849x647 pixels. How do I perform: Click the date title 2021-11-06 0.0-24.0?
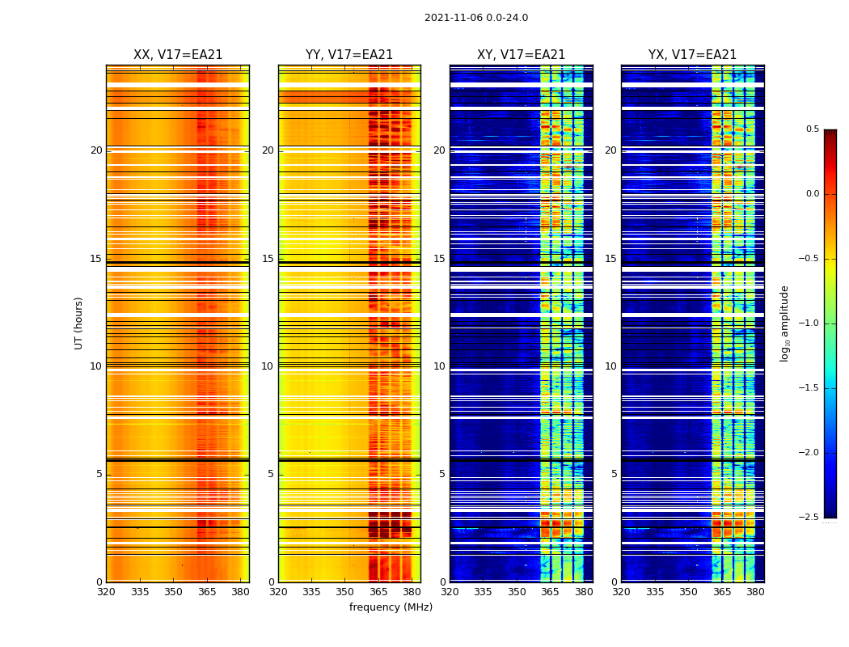476,18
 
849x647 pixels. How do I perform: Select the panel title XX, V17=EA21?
178,55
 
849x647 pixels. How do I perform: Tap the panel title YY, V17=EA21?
349,55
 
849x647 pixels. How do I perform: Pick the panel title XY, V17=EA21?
521,55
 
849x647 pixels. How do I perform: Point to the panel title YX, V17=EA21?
692,55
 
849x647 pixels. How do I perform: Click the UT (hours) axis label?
78,323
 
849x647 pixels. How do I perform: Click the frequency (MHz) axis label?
391,607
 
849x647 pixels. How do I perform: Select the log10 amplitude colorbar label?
784,323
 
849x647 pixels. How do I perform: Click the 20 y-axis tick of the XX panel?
96,150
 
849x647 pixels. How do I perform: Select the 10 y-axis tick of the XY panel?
439,366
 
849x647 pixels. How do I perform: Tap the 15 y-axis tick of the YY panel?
268,259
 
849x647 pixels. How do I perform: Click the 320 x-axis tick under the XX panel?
106,591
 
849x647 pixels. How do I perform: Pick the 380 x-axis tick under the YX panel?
755,591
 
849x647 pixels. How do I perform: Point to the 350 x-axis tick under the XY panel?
517,591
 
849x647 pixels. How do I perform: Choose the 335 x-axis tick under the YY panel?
311,591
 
